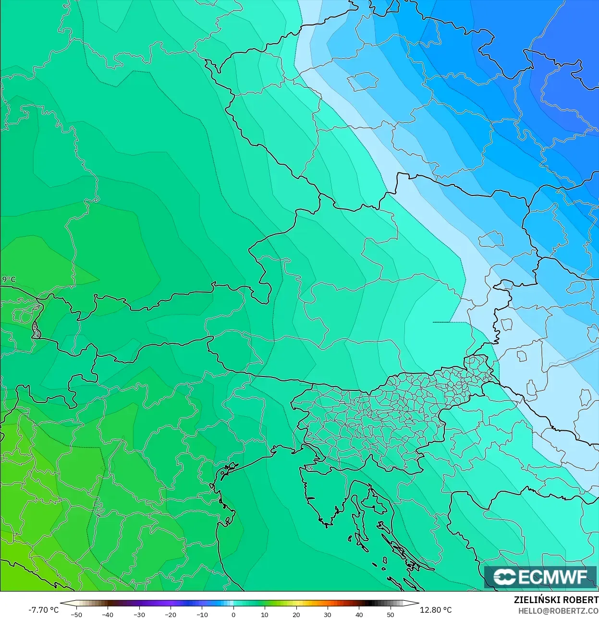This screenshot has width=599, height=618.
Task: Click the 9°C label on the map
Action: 9,279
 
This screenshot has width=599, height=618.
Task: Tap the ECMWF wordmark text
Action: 552,577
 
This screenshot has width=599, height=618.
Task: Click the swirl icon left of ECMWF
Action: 504,577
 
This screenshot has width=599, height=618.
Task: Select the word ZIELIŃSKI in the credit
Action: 534,600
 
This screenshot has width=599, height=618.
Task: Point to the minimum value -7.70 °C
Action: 43,610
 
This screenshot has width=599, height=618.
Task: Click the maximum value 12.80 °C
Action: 436,610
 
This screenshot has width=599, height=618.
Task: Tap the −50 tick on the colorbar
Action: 76,614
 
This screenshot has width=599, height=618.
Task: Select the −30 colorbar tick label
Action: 139,614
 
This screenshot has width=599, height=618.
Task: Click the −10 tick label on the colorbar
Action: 202,614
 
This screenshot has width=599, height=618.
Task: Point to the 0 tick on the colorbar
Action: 233,614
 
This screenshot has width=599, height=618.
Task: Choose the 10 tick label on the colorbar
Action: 265,614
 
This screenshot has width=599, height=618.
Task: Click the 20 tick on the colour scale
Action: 296,614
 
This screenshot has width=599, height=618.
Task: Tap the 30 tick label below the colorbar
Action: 328,614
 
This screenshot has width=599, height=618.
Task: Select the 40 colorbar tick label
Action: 359,614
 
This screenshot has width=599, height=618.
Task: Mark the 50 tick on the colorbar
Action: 390,614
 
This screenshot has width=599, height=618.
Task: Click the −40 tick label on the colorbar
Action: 108,614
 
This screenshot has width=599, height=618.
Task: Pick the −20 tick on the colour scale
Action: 171,614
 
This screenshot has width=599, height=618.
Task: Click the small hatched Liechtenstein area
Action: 36,330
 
